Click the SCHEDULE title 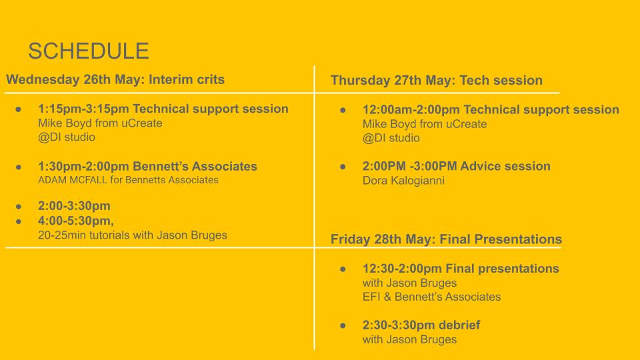89,51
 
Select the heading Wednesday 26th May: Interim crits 115,79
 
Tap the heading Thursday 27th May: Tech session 436,81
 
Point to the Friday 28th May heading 446,239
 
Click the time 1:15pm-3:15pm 84,109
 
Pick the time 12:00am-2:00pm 411,110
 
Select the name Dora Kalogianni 403,181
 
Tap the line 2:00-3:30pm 74,206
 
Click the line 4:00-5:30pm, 76,221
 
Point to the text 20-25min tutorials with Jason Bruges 132,235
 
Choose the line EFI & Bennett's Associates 431,297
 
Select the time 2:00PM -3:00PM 409,166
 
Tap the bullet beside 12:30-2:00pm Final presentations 343,269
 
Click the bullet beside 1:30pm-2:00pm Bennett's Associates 19,167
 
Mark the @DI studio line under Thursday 391,138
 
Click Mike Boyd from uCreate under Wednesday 100,123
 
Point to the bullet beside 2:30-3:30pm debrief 343,326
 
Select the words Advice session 505,166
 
